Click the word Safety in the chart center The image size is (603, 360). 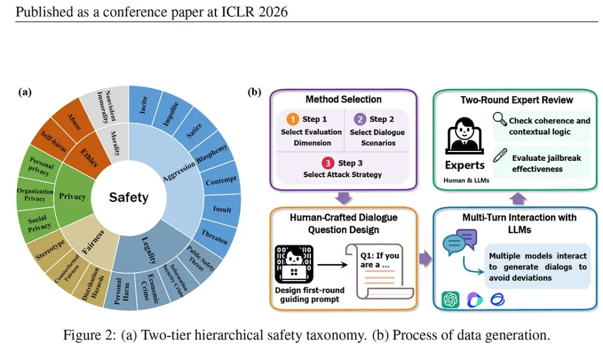(x=128, y=197)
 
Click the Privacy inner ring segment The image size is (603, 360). (x=72, y=197)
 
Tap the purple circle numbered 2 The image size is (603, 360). (x=359, y=119)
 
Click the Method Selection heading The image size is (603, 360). (x=343, y=100)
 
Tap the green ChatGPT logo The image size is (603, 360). (x=450, y=299)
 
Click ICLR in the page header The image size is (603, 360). (x=238, y=11)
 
